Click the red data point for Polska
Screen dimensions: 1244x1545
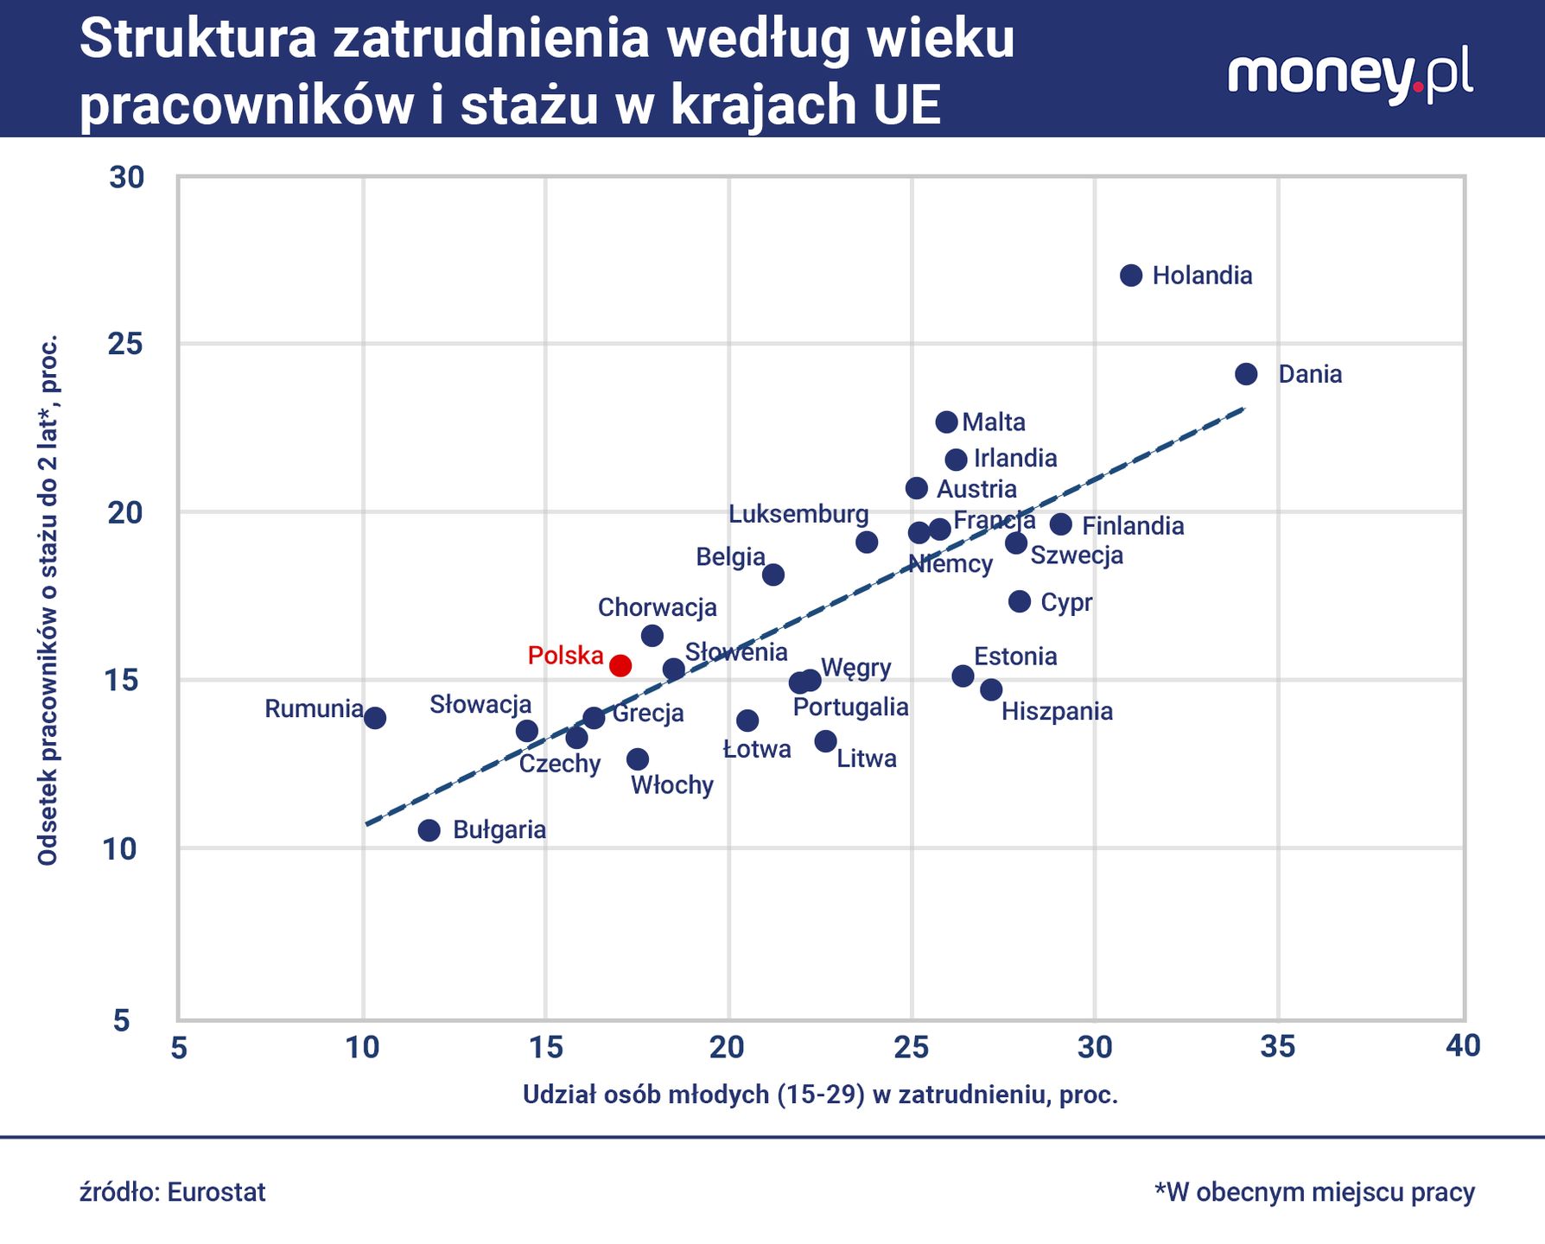coord(620,665)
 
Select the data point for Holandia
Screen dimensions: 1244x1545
coord(1130,276)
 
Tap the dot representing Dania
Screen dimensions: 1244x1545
coord(1245,374)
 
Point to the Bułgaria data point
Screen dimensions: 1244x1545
coord(429,830)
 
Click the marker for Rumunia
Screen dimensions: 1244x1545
coord(374,717)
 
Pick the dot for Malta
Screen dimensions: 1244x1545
coord(946,422)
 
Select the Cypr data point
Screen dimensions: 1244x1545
coord(1019,601)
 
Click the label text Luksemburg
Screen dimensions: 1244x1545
coord(798,514)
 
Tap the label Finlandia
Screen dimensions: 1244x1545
coord(1132,526)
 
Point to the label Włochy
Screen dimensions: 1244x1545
coord(671,785)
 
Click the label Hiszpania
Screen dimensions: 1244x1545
coord(1056,712)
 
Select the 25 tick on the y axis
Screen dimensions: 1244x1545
coord(126,345)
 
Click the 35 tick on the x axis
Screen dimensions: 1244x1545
coord(1277,1047)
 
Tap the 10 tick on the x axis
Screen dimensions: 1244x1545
coord(363,1047)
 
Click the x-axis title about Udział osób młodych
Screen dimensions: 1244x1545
coord(820,1095)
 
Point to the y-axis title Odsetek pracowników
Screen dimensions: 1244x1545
coord(48,600)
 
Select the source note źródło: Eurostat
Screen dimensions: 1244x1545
coord(173,1192)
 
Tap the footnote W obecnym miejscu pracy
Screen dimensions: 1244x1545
coord(1314,1192)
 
